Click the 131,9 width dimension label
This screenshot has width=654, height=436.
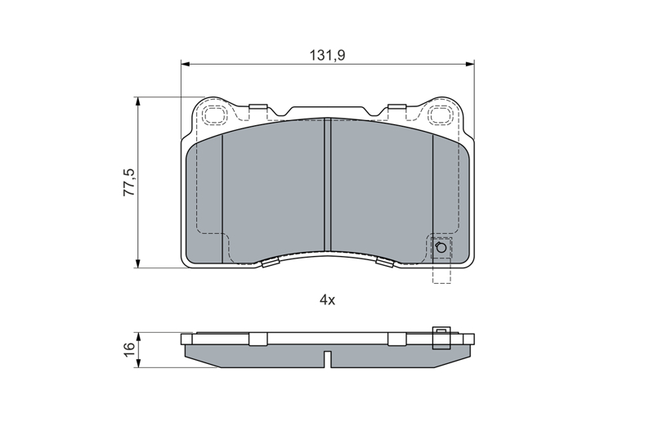click(328, 55)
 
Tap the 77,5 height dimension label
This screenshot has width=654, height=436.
click(128, 182)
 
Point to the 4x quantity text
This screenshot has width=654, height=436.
click(328, 299)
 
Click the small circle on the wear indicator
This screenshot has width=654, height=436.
click(441, 248)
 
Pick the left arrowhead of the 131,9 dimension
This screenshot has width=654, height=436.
click(186, 65)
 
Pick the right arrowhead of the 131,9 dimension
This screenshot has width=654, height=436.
click(469, 65)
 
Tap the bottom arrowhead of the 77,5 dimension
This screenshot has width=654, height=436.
click(137, 263)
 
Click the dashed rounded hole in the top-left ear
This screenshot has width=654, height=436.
click(215, 114)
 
